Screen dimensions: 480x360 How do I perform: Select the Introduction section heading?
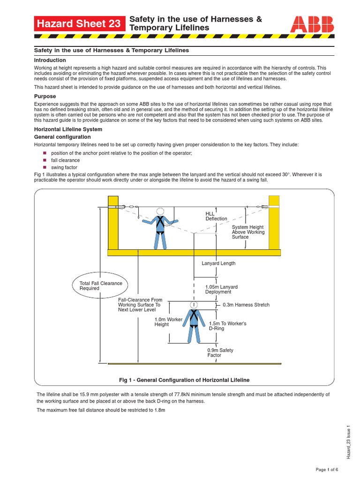[50, 60]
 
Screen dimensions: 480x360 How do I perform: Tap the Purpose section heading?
[45, 97]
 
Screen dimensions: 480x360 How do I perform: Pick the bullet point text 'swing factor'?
[64, 167]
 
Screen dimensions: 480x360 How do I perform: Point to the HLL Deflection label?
[216, 216]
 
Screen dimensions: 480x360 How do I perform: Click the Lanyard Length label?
[218, 263]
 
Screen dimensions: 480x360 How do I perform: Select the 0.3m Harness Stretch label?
[246, 305]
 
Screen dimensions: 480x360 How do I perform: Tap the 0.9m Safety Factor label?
[220, 353]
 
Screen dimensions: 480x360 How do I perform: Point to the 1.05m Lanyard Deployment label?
[221, 289]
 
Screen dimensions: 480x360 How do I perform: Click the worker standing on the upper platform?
[160, 228]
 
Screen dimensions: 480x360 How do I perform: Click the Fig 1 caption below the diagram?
[185, 380]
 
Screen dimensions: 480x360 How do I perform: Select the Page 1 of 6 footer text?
[327, 470]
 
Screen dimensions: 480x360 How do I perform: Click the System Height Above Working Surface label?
[248, 232]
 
